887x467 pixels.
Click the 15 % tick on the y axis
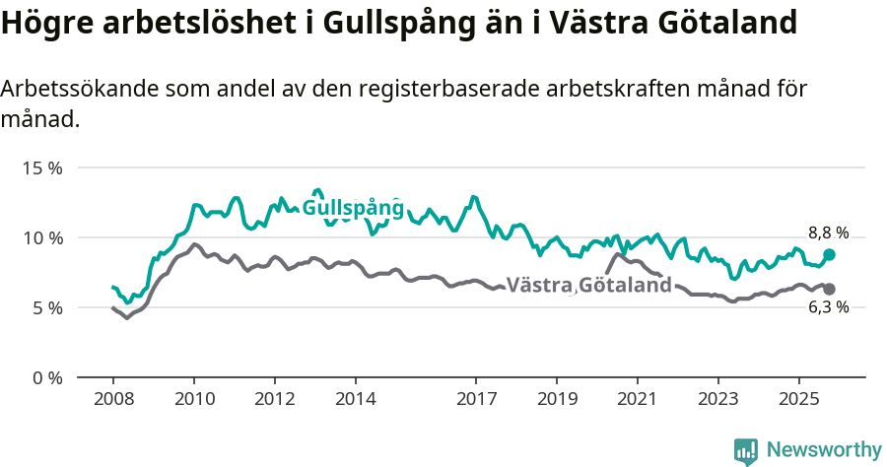(x=41, y=167)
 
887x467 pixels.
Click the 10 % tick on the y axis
(x=41, y=237)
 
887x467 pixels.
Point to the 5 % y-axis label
(x=45, y=307)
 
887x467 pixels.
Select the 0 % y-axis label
(x=45, y=377)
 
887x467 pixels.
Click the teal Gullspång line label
(x=353, y=208)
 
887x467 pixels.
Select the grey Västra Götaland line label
(x=588, y=286)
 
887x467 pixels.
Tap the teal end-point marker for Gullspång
(x=829, y=254)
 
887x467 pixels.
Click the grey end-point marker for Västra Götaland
(x=829, y=289)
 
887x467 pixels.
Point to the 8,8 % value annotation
(x=828, y=233)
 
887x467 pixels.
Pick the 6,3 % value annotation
(x=828, y=308)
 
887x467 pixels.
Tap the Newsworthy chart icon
(x=746, y=450)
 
